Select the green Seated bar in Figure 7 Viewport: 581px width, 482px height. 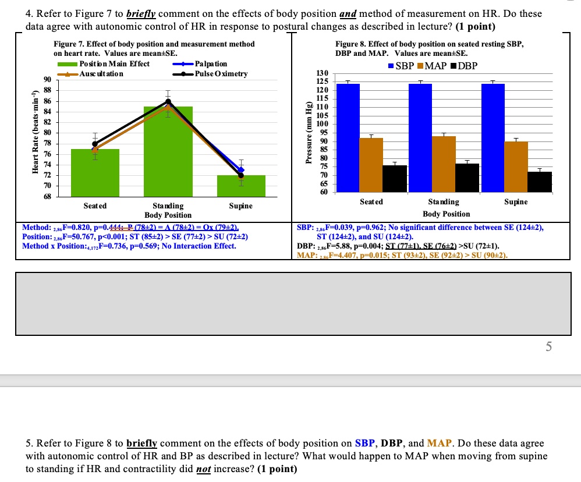[x=95, y=175]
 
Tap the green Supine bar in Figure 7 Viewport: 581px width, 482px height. [x=241, y=186]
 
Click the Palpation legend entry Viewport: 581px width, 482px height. [x=211, y=64]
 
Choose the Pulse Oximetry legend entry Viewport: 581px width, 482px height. [x=221, y=74]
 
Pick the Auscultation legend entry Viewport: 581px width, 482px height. [x=101, y=74]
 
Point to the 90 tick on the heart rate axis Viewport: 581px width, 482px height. [x=47, y=79]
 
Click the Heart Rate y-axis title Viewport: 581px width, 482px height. [x=36, y=133]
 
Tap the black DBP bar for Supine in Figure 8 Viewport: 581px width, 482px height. [x=540, y=182]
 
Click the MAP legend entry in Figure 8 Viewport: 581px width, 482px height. [x=435, y=66]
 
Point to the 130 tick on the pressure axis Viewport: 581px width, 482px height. [x=321, y=73]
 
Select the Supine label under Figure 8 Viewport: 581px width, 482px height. [x=516, y=202]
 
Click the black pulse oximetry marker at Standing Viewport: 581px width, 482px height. [x=168, y=101]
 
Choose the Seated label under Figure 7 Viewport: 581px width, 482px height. [x=95, y=206]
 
